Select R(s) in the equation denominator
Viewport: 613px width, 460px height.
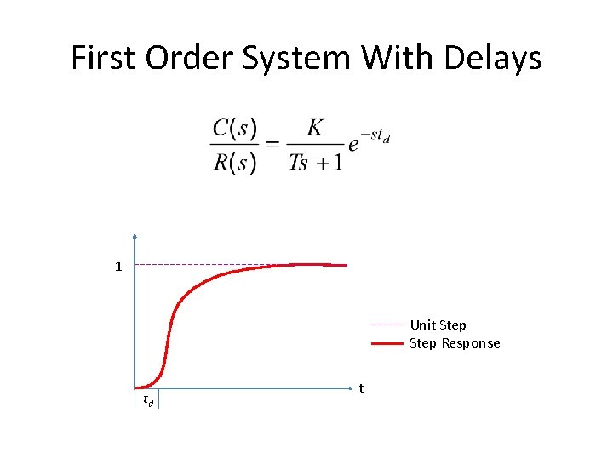pos(234,161)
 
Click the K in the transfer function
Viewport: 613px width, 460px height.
pos(315,128)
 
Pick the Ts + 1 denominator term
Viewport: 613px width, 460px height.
pos(315,161)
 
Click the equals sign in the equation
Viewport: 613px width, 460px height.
pos(272,145)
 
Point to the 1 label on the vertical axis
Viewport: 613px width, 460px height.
pos(119,267)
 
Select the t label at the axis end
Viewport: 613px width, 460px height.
pos(362,388)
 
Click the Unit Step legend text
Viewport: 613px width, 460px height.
pos(438,325)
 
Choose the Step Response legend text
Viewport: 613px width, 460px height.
pos(455,343)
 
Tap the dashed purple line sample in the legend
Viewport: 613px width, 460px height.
pos(387,325)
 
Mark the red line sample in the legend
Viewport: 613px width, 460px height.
pos(387,344)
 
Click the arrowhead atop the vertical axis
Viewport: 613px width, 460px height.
pos(135,238)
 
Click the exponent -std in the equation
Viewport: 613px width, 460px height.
pos(375,135)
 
